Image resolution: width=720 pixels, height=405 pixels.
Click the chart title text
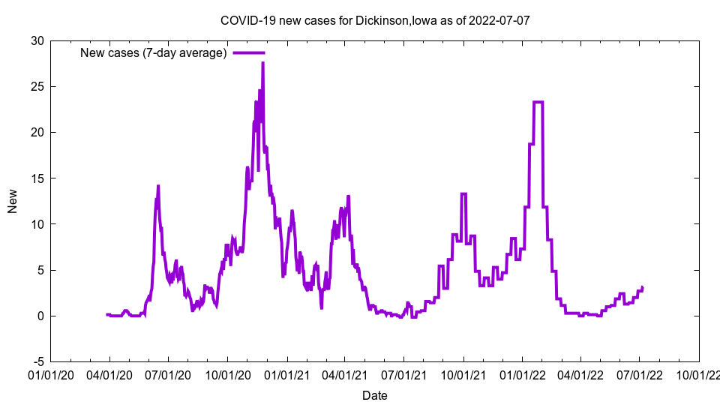click(375, 20)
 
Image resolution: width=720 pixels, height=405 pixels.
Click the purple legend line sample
click(248, 52)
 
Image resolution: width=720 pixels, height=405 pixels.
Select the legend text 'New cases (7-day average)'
click(154, 52)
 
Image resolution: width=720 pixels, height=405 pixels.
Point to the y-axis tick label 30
click(36, 40)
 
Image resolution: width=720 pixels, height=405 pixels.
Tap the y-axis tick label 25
click(36, 86)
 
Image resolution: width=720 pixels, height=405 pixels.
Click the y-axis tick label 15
click(36, 178)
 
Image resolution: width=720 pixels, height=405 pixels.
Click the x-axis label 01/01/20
click(51, 373)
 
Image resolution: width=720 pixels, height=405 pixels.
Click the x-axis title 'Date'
click(375, 394)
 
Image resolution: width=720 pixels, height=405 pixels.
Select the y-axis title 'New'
click(13, 201)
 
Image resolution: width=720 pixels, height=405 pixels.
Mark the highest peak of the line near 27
click(262, 63)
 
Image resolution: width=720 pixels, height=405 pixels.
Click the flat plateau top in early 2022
click(538, 102)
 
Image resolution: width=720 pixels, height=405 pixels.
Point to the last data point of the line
click(642, 287)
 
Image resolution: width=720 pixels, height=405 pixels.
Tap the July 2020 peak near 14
click(158, 186)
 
